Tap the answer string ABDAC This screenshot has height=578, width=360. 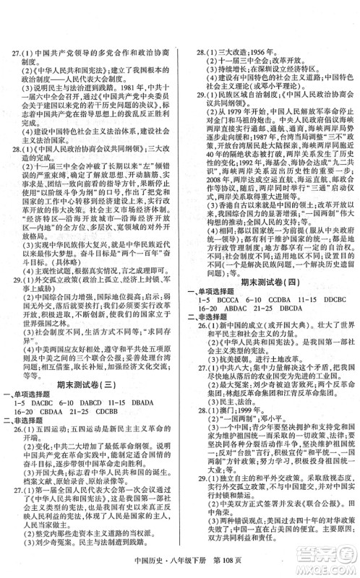[241, 298]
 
